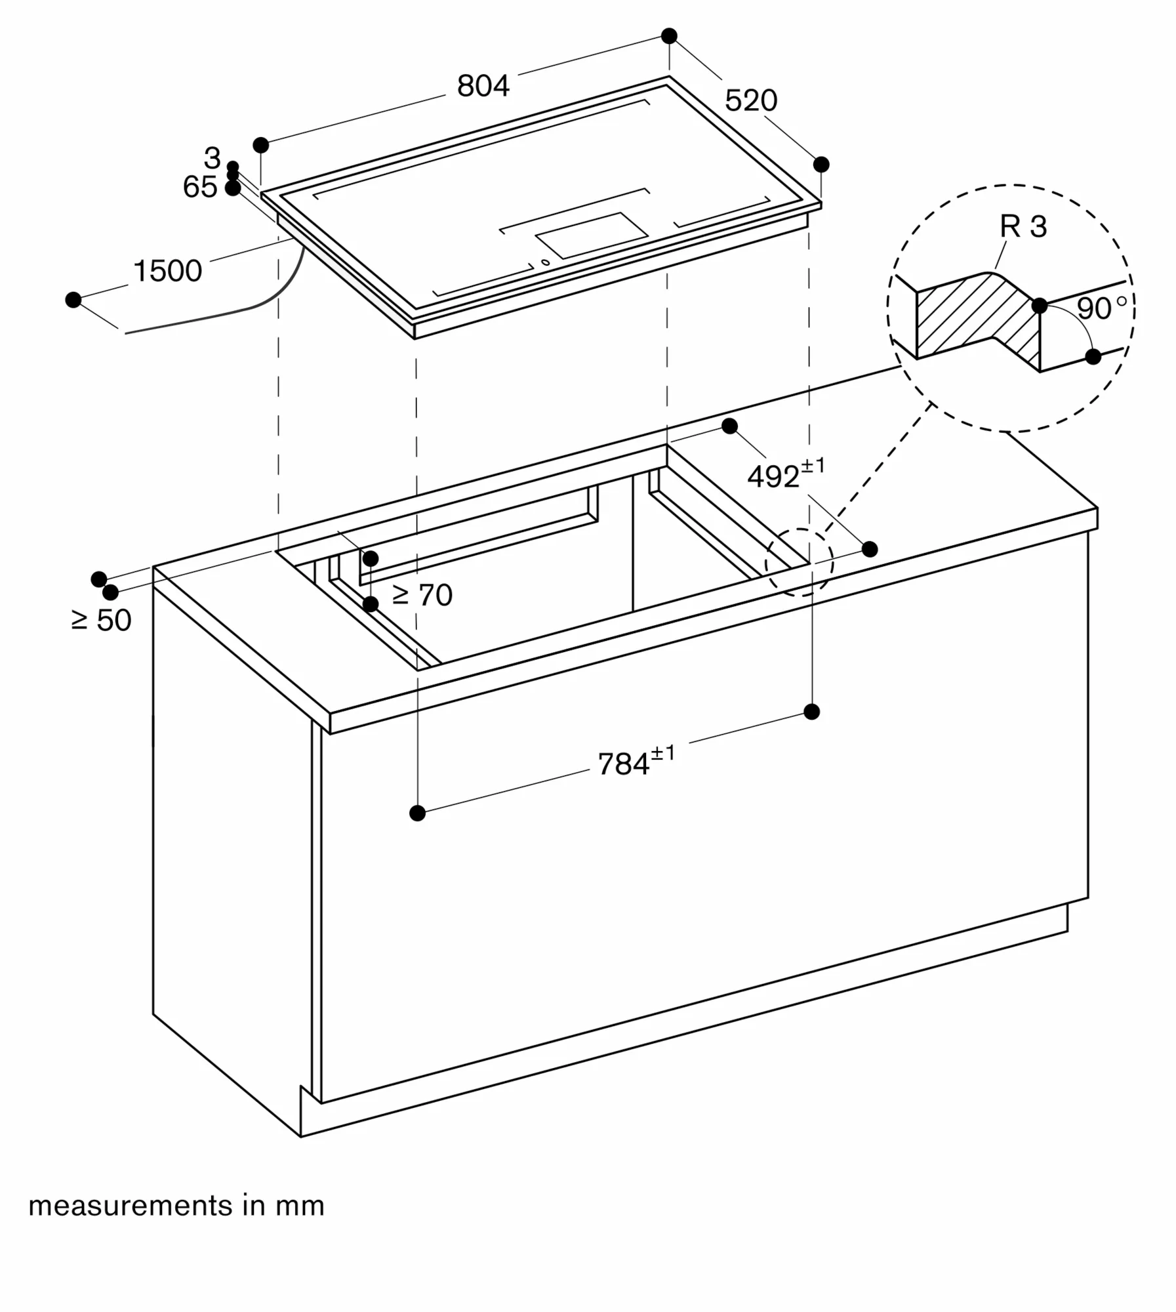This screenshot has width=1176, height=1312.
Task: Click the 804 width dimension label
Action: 483,86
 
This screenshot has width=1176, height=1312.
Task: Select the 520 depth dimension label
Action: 751,100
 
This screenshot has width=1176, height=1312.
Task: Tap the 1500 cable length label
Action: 167,271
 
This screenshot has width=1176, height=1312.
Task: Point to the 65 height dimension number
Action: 200,187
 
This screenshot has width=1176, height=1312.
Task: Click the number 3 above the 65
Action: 212,158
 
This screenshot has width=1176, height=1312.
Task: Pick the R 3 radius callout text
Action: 1023,226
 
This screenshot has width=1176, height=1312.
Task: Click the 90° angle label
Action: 1102,308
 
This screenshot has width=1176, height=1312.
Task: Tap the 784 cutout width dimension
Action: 636,761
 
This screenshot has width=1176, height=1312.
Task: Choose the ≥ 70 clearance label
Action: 422,595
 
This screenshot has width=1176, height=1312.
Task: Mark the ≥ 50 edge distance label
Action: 102,620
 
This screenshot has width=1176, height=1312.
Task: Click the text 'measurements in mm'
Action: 176,1206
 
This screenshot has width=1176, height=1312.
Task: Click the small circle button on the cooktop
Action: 545,262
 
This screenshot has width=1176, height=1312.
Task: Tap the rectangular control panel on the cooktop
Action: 592,235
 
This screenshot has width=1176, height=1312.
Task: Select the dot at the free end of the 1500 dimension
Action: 73,300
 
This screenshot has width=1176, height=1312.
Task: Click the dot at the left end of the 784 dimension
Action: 417,813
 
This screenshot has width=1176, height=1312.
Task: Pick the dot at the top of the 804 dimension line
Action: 669,36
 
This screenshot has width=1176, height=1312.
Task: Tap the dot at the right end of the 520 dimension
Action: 821,164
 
